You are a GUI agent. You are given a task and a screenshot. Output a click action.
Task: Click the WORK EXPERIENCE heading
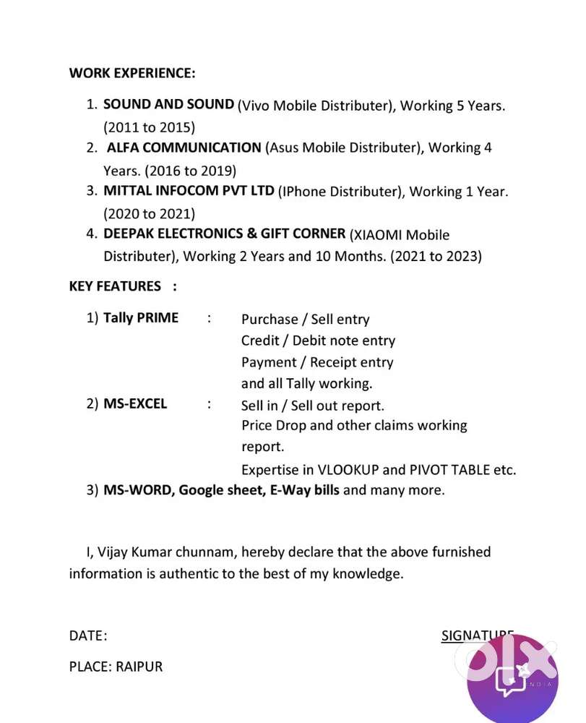(x=132, y=73)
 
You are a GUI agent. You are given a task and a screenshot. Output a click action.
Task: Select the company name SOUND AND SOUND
(x=168, y=104)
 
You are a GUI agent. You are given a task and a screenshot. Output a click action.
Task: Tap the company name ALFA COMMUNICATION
(x=184, y=147)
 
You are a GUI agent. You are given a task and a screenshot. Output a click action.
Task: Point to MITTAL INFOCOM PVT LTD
(x=189, y=191)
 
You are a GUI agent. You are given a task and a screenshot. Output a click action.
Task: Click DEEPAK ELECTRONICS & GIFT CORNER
(x=224, y=234)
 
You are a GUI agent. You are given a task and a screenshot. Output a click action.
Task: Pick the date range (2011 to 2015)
(x=149, y=127)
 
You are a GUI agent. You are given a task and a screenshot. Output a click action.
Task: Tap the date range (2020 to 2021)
(x=149, y=213)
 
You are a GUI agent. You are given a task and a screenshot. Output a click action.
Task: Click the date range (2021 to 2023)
(x=436, y=256)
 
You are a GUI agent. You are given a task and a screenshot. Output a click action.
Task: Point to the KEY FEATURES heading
(x=115, y=286)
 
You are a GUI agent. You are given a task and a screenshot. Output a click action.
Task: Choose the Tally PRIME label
(x=141, y=317)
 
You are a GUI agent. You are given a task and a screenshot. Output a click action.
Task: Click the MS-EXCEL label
(x=135, y=403)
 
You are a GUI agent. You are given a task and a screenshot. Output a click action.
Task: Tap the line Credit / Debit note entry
(x=318, y=341)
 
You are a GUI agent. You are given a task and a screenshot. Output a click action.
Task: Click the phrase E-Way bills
(x=304, y=489)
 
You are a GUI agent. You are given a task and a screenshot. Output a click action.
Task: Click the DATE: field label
(x=88, y=636)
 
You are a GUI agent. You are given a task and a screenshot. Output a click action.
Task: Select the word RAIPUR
(x=139, y=666)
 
